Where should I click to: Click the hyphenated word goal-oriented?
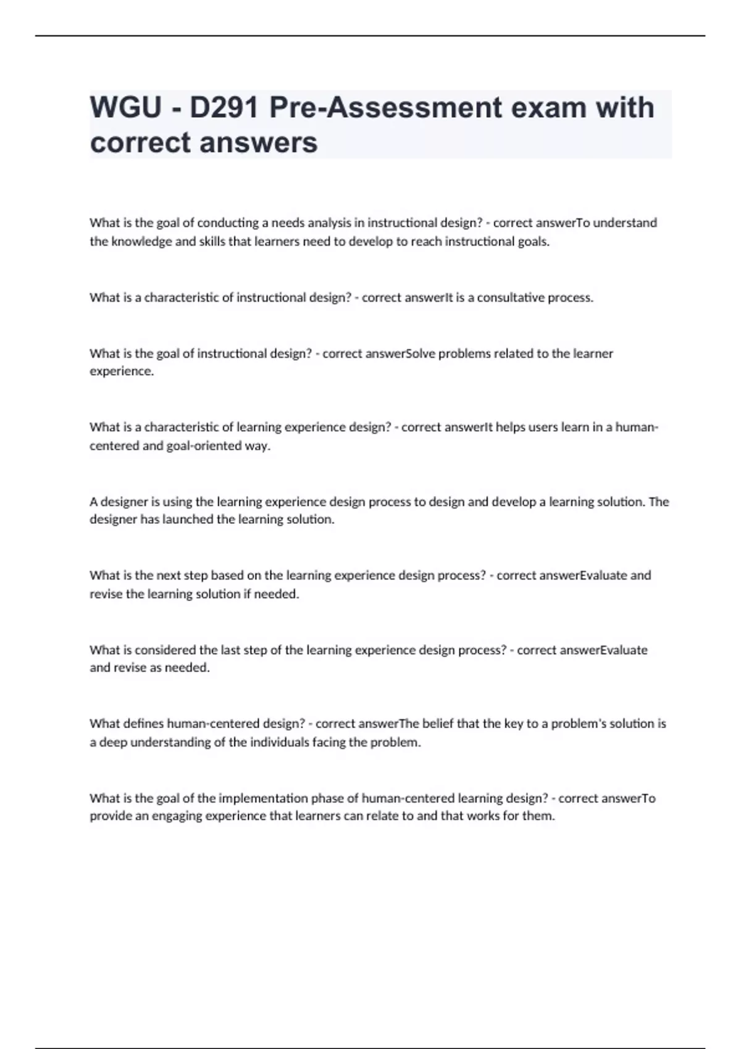(x=204, y=446)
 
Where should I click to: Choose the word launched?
(x=188, y=520)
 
